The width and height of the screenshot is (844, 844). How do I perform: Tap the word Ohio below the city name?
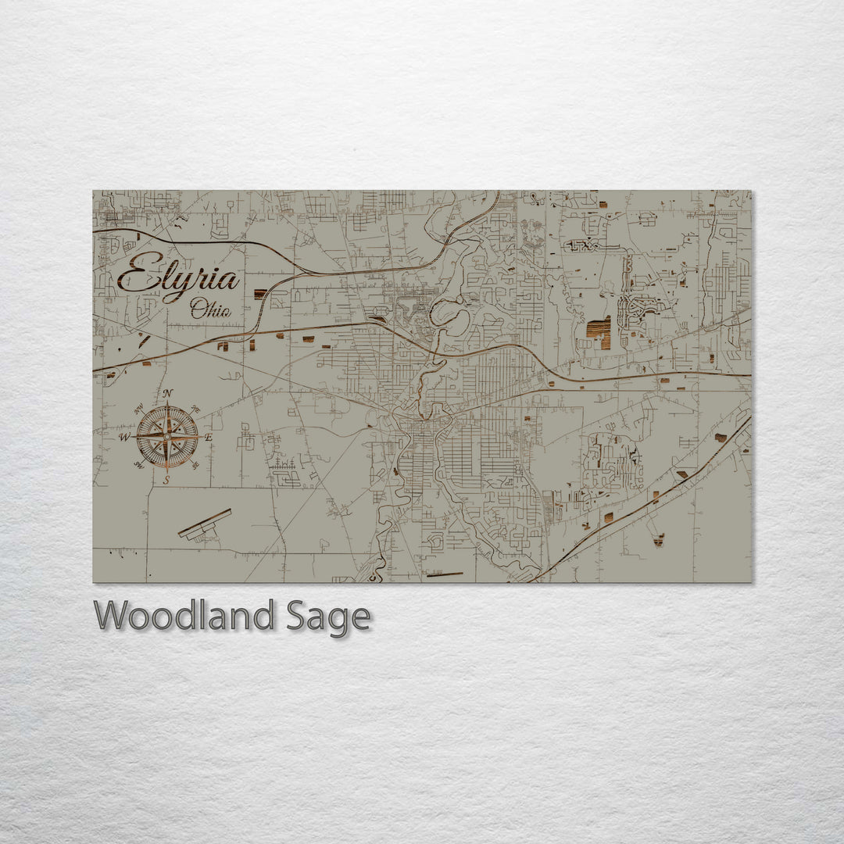211,309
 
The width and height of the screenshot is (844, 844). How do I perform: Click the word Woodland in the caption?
184,617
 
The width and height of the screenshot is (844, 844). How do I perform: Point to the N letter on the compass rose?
168,393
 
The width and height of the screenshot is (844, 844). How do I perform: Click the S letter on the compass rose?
166,480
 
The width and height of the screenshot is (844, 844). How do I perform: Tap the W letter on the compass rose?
123,438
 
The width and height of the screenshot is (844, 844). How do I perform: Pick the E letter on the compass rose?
209,438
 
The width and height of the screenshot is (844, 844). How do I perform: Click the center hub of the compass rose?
167,437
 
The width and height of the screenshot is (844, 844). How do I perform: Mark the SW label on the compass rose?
138,465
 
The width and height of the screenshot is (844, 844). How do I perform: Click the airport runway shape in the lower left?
205,524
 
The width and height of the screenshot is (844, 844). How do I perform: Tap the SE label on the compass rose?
195,465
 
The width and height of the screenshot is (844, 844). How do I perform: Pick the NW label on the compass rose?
139,409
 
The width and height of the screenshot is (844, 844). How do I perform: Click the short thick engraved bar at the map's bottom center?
445,575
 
